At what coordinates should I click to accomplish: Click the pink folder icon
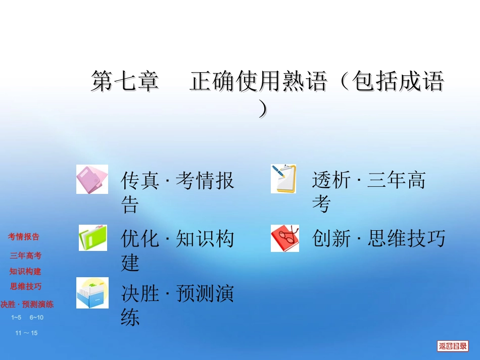[92, 179]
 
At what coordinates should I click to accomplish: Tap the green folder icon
[92, 238]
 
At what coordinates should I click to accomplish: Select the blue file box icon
[92, 293]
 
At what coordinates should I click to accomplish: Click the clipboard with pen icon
[283, 179]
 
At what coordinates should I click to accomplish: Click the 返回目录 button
[453, 346]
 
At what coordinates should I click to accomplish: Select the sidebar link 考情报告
[24, 236]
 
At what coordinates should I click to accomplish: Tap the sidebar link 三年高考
[26, 255]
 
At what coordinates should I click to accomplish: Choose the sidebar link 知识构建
[25, 271]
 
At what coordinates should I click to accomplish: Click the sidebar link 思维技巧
[26, 286]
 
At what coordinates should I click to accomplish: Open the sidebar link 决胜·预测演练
[27, 304]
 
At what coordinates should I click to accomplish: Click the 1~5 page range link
[16, 317]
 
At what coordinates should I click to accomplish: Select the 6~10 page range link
[36, 317]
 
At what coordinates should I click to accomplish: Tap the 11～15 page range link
[26, 333]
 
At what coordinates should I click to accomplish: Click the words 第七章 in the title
[125, 81]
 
